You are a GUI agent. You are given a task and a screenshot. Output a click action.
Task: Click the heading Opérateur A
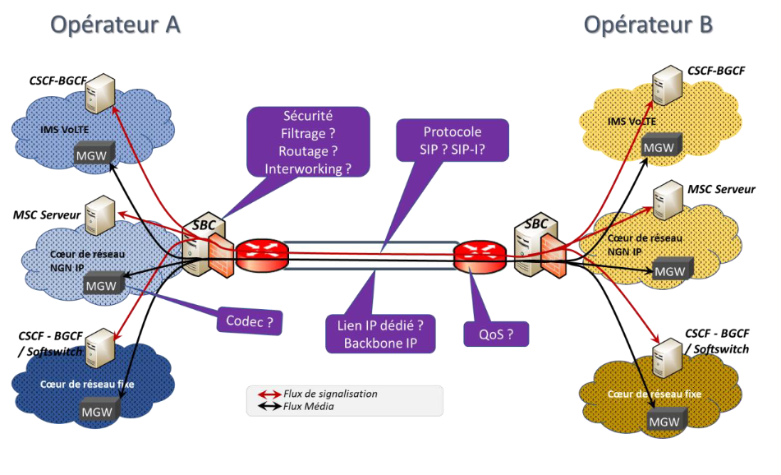(x=116, y=25)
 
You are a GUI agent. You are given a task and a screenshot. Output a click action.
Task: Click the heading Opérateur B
(x=648, y=25)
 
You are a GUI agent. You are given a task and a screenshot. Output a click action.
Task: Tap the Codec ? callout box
(x=249, y=321)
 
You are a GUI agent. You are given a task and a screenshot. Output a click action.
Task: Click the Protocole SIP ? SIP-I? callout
(x=452, y=142)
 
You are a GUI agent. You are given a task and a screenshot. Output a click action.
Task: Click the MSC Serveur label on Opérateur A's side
(x=47, y=214)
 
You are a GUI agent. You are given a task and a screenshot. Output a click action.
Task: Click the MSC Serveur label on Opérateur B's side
(x=722, y=189)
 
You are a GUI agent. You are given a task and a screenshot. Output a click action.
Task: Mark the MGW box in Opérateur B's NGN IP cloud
(x=670, y=270)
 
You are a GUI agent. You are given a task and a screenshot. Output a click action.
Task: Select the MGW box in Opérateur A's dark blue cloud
(x=95, y=408)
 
